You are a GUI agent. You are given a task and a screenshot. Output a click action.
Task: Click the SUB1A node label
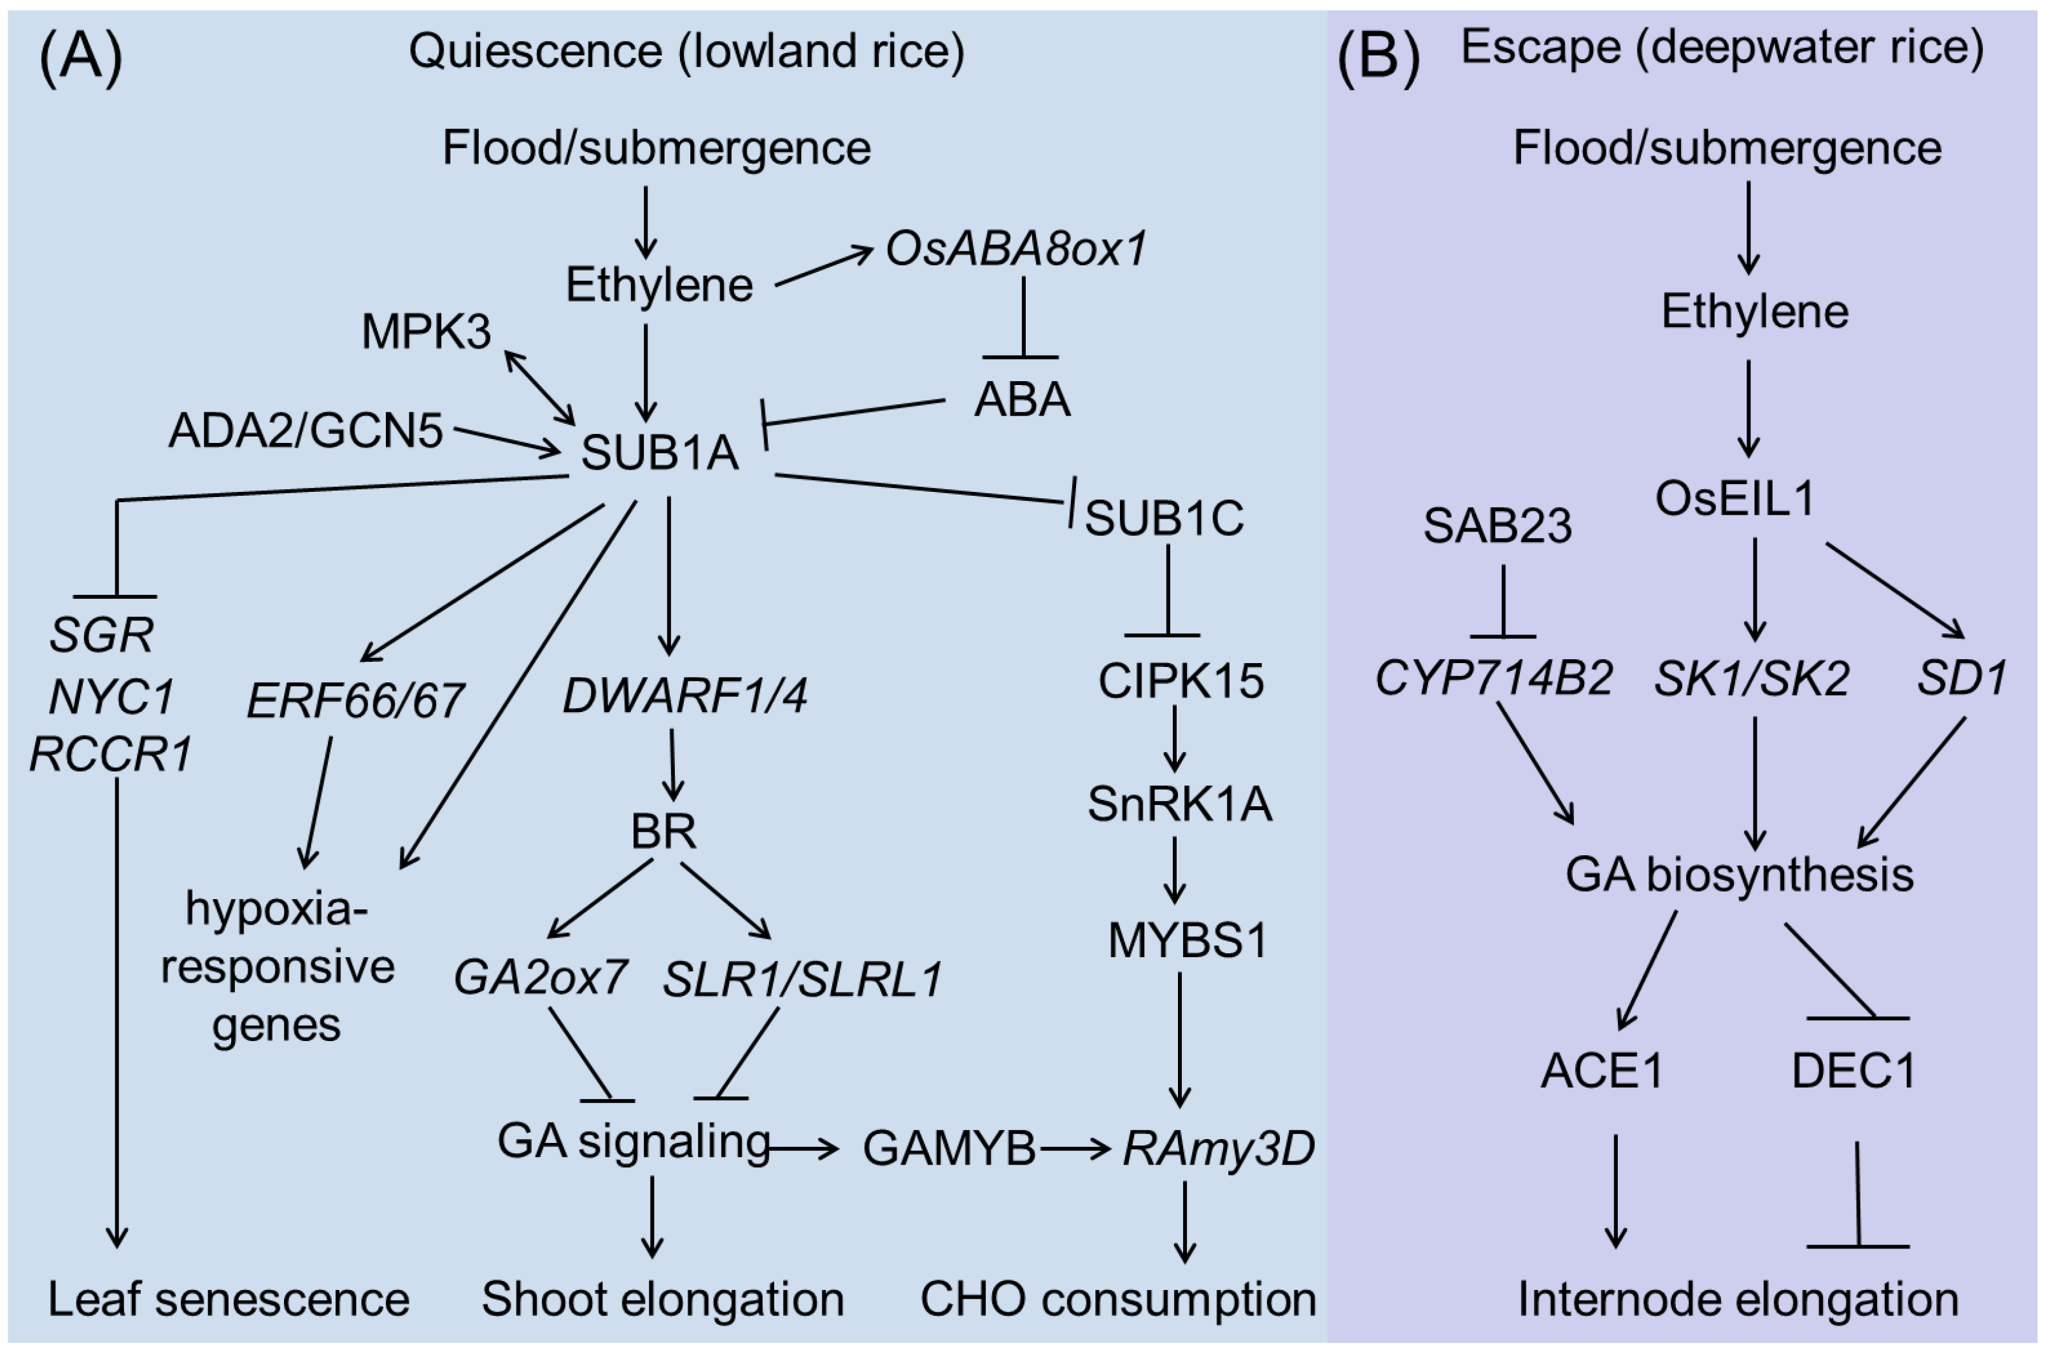pyautogui.click(x=660, y=452)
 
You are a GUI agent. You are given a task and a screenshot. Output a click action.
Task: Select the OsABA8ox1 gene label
pyautogui.click(x=1016, y=250)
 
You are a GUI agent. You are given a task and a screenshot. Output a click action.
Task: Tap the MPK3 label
pyautogui.click(x=426, y=332)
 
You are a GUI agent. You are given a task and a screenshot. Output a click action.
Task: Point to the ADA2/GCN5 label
pyautogui.click(x=306, y=430)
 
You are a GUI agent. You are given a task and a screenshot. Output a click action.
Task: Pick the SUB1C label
pyautogui.click(x=1164, y=518)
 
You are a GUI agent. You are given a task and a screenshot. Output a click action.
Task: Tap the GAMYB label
pyautogui.click(x=948, y=1149)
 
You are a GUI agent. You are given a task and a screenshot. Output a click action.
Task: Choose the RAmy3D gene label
pyautogui.click(x=1218, y=1147)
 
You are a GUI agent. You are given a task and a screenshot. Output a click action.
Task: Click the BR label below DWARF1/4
pyautogui.click(x=663, y=832)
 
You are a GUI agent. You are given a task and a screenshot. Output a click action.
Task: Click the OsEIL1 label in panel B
pyautogui.click(x=1734, y=498)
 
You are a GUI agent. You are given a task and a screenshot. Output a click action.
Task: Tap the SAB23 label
pyautogui.click(x=1498, y=526)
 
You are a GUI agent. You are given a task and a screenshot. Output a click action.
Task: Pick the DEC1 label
pyautogui.click(x=1854, y=1071)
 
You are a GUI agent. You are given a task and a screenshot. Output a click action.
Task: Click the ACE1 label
pyautogui.click(x=1601, y=1071)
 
